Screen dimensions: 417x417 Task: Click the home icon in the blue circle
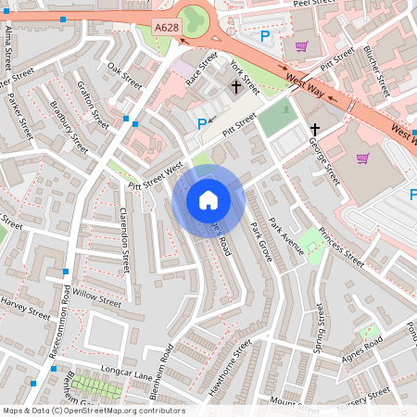point(208,199)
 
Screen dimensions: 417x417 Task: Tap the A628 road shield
point(167,30)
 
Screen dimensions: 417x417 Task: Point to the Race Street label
point(201,69)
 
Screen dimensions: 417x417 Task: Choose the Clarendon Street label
point(126,240)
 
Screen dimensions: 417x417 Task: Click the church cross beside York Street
point(235,88)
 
